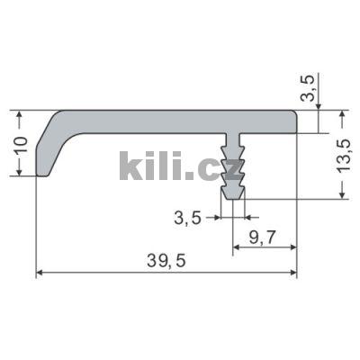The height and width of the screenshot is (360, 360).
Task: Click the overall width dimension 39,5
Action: pos(166,261)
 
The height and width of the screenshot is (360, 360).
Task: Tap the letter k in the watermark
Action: pos(130,166)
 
